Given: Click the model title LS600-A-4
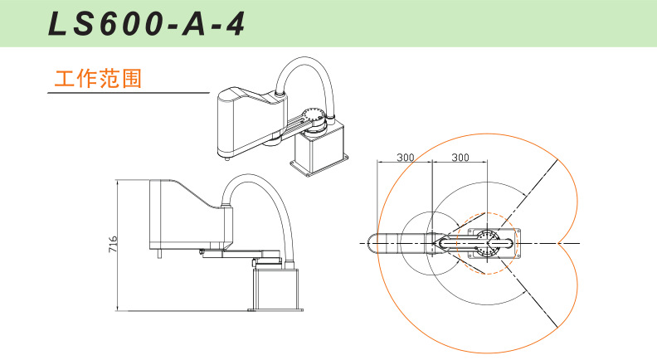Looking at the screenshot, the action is (147, 24).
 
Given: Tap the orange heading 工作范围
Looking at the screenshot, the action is (98, 79).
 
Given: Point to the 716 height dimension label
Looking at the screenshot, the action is (113, 244).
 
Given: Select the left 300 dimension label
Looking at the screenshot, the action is (405, 157).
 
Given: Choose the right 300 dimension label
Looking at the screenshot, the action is (460, 157).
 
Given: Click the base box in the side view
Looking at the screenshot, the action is (275, 290).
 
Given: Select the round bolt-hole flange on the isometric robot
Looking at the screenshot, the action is (314, 115).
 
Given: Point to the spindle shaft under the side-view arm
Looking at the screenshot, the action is (159, 254).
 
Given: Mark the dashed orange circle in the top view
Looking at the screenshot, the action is (487, 243).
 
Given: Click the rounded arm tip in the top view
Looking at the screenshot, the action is (372, 243).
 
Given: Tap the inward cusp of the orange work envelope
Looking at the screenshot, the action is (558, 243).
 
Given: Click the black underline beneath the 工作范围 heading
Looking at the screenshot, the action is (129, 93).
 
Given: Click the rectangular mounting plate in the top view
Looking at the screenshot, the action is (494, 244).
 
